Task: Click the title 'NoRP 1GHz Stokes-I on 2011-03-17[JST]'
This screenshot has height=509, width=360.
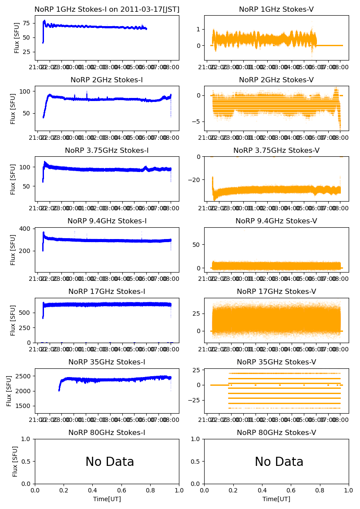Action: pos(107,10)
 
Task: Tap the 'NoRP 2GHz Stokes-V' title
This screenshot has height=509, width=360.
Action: pos(276,80)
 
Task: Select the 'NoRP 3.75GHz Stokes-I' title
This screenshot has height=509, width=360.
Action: pos(107,151)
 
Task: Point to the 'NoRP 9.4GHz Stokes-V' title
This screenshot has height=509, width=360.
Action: pos(276,221)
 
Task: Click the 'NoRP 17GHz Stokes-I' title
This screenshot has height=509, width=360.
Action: pos(107,292)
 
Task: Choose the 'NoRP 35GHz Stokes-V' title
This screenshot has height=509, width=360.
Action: pos(276,362)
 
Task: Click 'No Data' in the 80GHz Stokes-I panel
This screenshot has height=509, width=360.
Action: pos(110,462)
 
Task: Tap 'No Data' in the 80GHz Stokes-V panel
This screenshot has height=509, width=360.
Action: pos(279,462)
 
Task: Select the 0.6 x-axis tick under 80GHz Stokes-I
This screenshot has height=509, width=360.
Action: pos(121,490)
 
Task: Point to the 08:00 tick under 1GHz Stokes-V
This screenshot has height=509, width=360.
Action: pos(341,67)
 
